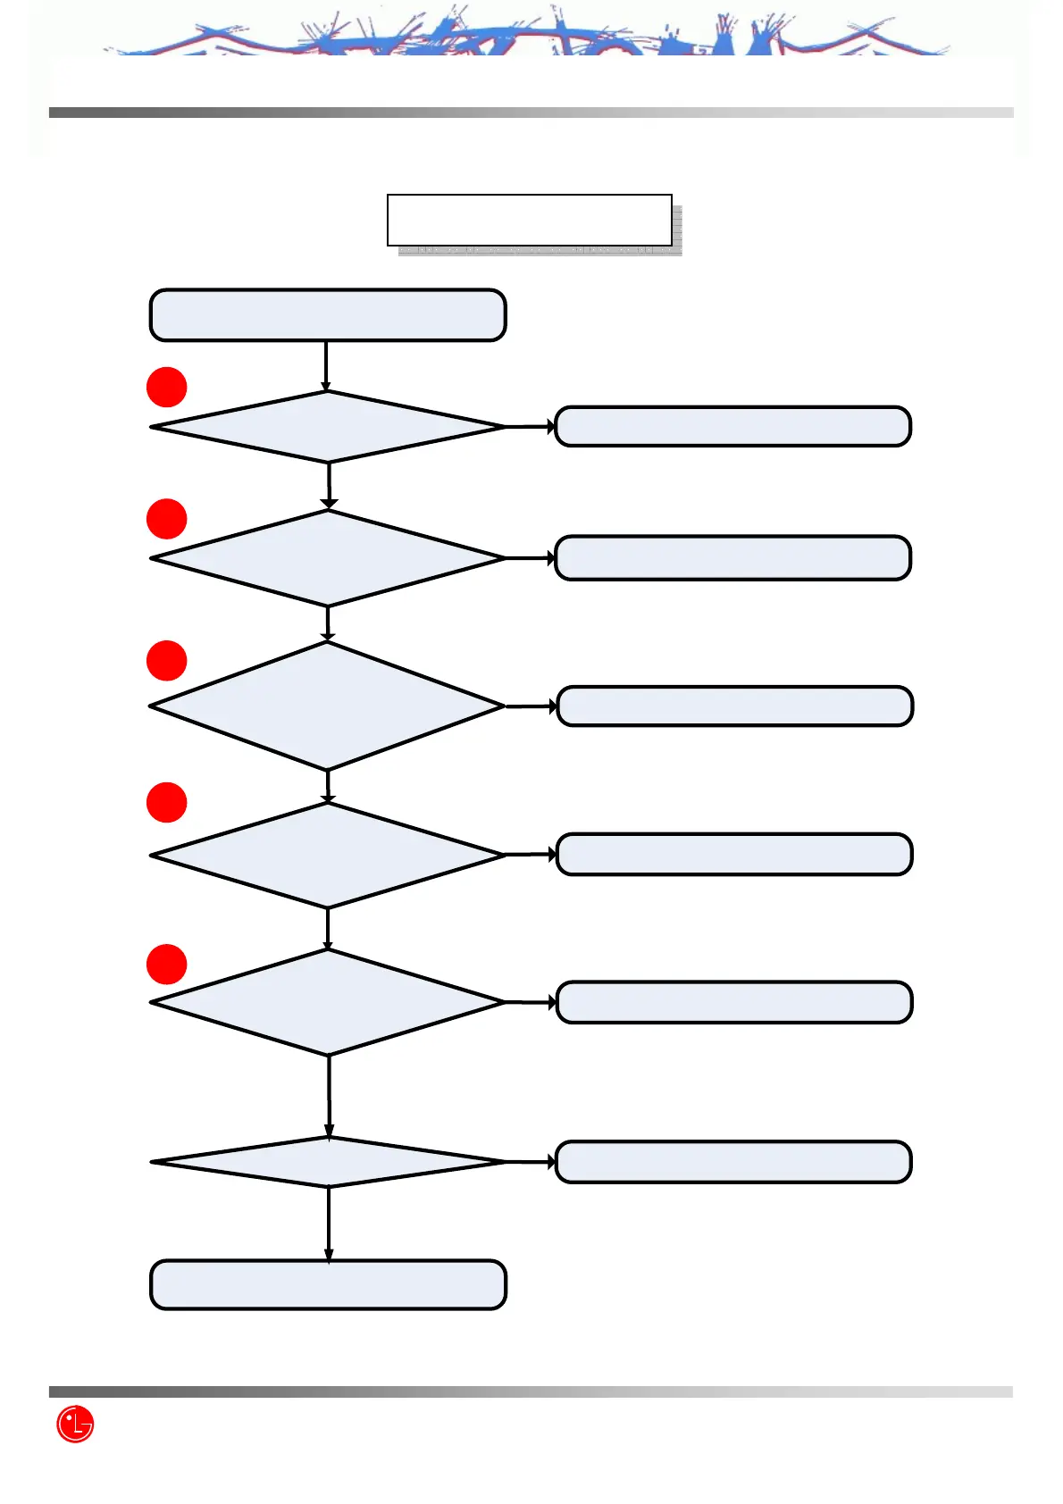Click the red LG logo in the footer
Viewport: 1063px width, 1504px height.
pos(75,1424)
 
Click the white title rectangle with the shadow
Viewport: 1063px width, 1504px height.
pos(529,220)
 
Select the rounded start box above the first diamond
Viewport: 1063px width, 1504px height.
pos(328,315)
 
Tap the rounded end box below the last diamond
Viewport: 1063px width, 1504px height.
pos(328,1284)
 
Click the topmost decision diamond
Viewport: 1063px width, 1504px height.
pos(328,427)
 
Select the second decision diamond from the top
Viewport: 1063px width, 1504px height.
pos(328,558)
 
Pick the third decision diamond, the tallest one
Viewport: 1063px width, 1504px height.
pos(328,706)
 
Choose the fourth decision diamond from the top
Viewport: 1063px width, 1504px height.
pos(328,855)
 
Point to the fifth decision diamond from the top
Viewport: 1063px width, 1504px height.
pos(328,1002)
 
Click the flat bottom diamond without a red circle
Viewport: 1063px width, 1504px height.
pos(328,1162)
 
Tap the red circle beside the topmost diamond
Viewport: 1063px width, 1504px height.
pos(166,388)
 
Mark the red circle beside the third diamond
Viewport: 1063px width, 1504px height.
pos(166,661)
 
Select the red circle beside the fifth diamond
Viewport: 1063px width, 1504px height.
pos(166,965)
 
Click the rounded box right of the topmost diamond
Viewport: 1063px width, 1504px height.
pos(732,426)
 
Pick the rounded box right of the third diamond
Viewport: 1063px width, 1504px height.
pos(734,706)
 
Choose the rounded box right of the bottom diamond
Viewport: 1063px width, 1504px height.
pos(732,1162)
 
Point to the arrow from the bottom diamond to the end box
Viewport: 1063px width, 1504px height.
pos(329,1223)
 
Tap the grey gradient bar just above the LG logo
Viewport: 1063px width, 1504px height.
pos(531,1391)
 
